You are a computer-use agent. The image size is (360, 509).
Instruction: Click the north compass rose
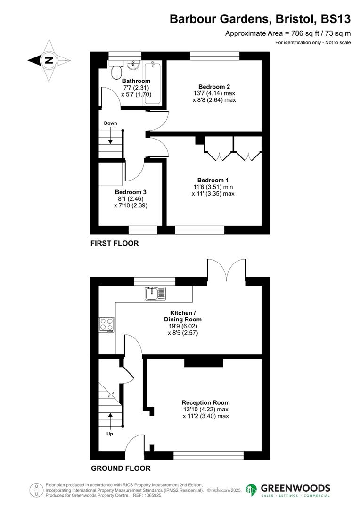click(x=49, y=60)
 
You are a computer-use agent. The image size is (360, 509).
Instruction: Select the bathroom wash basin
click(x=134, y=65)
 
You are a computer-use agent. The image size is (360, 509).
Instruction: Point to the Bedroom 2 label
click(x=214, y=87)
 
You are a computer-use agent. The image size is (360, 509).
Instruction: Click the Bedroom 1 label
click(x=213, y=180)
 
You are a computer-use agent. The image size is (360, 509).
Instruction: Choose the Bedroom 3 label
click(x=131, y=192)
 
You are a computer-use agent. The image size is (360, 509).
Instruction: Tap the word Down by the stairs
click(x=111, y=123)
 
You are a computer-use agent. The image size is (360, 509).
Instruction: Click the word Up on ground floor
click(x=109, y=434)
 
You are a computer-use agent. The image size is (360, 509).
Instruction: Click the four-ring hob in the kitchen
click(x=106, y=325)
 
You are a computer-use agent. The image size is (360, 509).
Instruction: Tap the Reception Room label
click(x=206, y=402)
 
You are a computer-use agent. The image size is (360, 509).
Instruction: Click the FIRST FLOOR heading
click(x=115, y=243)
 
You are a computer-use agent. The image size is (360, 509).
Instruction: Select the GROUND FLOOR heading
click(x=121, y=468)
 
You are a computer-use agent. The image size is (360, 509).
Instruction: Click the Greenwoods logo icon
click(x=252, y=490)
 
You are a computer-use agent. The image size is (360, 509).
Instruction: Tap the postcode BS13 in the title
click(x=335, y=19)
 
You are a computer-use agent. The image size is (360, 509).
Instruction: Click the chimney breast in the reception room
click(x=203, y=362)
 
